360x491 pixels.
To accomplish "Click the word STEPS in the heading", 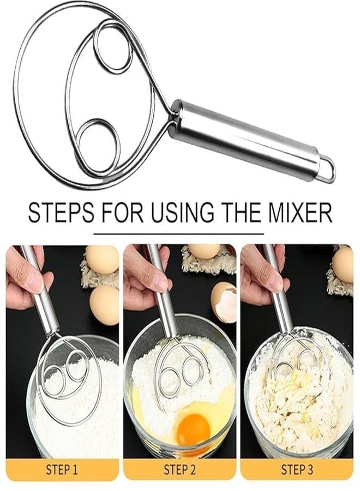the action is click(x=61, y=213).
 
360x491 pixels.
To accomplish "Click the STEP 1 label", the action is click(x=62, y=469).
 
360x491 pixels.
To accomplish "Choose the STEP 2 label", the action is click(x=179, y=469).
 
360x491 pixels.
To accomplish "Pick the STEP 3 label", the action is click(x=297, y=469).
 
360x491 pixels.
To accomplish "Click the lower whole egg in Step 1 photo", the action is click(x=104, y=304).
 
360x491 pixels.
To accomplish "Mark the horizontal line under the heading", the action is click(x=179, y=233).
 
